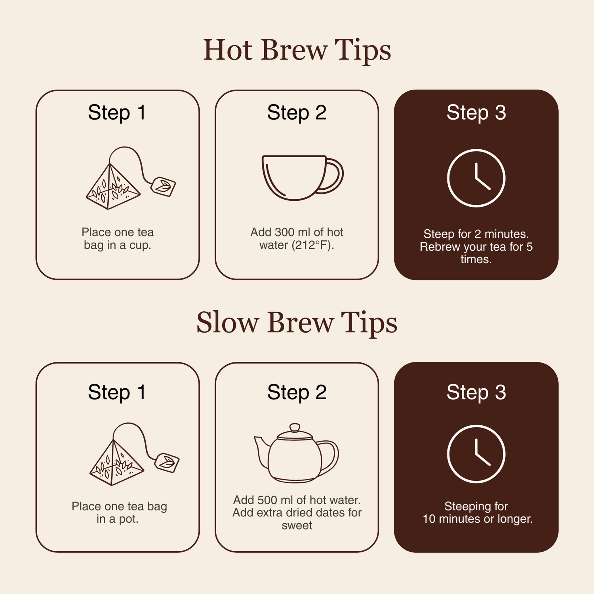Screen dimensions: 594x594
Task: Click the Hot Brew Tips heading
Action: pos(297,50)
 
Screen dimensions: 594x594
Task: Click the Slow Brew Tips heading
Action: pos(297,323)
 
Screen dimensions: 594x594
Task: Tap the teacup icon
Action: pos(303,178)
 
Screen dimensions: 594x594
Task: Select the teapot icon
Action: pos(296,453)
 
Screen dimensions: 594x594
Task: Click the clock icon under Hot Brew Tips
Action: pos(476,149)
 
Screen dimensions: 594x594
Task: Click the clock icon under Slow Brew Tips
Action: pos(476,425)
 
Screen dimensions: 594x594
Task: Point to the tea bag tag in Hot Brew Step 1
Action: pos(163,187)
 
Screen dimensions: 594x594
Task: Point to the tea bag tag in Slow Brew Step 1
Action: pos(167,463)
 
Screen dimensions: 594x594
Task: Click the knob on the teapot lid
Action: pos(295,427)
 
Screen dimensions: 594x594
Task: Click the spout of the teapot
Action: pos(261,451)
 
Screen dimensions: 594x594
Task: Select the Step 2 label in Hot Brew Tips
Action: pos(297,112)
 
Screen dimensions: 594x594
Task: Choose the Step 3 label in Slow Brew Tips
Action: pos(476,392)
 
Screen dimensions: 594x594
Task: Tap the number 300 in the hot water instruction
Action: pos(285,232)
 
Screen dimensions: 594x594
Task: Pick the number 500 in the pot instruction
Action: pos(268,500)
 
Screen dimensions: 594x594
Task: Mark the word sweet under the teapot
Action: pos(297,525)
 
